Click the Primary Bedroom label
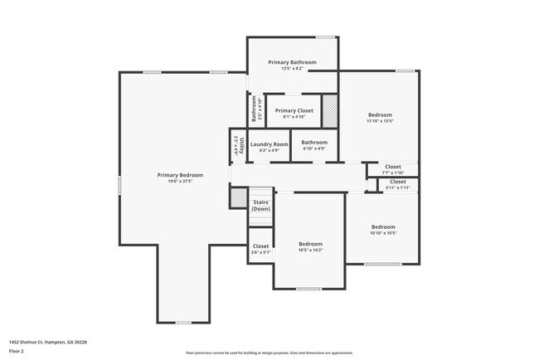point(181,175)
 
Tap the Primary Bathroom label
point(292,62)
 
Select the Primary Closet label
point(294,110)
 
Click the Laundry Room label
point(269,144)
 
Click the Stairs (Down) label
point(261,205)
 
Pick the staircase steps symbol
point(261,192)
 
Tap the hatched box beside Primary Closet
point(329,110)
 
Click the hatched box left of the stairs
point(239,198)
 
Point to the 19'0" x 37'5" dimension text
point(181,181)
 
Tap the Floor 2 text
point(17,350)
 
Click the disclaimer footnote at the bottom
point(269,353)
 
